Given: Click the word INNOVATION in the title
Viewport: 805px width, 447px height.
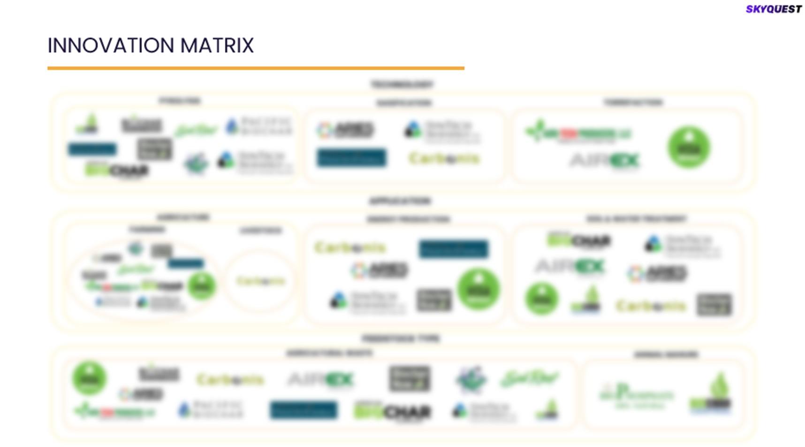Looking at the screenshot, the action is (111, 46).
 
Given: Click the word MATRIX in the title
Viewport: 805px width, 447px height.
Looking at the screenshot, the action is (217, 46).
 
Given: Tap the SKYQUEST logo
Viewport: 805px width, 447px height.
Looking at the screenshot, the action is (774, 9).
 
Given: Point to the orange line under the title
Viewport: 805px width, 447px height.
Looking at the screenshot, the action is (256, 69).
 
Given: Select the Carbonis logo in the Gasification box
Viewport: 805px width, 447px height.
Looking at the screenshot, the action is (444, 159).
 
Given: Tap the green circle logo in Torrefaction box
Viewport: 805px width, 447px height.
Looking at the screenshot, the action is (689, 147).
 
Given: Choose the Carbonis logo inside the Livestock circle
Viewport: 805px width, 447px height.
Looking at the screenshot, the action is (260, 281).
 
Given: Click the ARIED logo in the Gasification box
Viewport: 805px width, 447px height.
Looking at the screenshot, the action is (346, 130).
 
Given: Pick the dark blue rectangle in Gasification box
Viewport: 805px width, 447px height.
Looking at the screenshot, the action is (351, 158).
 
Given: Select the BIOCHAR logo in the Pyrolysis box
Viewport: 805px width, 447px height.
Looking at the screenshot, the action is (116, 170).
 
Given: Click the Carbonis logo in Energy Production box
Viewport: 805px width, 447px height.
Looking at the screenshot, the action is (350, 247).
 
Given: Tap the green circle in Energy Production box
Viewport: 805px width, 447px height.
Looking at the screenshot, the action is (478, 289).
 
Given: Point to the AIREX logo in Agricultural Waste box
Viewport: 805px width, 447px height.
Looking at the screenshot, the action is (320, 379).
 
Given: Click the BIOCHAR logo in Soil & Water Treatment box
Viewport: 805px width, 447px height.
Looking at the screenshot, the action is (579, 241).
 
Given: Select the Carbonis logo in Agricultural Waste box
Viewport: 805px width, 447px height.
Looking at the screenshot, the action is (230, 379).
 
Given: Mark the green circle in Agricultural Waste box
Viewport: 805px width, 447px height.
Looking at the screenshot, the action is (89, 378).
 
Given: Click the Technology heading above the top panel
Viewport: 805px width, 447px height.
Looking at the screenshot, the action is (402, 85).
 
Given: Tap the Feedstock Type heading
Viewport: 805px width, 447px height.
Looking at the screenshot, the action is (401, 339).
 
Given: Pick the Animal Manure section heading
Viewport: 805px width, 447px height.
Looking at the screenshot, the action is (666, 355).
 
